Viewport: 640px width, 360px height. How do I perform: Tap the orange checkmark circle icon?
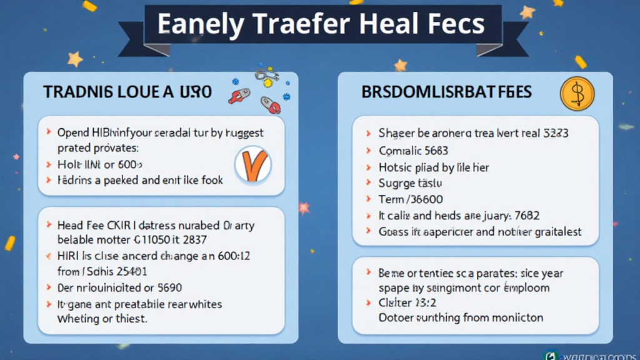coord(252,166)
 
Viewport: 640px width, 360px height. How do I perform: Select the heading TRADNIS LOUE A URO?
coord(127,92)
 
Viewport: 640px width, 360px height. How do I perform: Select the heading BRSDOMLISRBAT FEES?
coord(446,92)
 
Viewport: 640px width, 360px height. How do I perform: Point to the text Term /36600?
coord(411,199)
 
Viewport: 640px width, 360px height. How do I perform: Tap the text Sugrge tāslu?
coord(410,183)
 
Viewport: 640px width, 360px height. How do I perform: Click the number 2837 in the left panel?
coord(194,239)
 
